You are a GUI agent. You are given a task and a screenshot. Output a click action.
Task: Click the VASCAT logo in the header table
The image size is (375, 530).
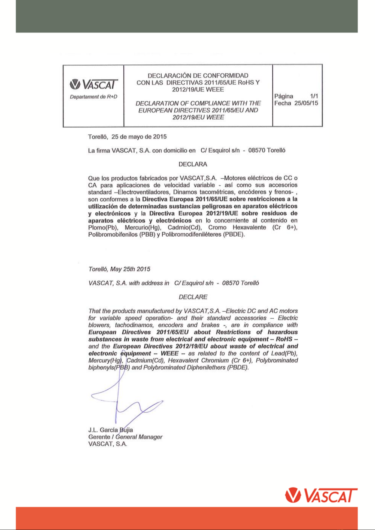click(x=93, y=84)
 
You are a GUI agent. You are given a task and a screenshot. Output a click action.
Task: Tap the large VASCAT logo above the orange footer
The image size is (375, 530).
click(x=321, y=495)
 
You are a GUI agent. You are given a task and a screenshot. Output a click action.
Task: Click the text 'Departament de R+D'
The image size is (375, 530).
click(x=93, y=97)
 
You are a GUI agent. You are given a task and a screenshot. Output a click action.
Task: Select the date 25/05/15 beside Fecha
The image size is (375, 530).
click(x=306, y=103)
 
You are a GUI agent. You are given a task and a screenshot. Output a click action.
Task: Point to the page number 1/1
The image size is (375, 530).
click(x=314, y=96)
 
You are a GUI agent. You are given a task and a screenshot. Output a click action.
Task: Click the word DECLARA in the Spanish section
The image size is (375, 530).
click(x=193, y=164)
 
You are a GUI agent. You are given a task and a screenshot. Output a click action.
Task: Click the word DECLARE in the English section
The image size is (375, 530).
click(x=193, y=297)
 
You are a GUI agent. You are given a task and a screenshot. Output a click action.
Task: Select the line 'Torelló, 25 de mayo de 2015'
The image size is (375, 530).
click(x=127, y=137)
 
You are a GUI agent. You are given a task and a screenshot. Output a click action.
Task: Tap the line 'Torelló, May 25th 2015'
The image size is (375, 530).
click(x=119, y=269)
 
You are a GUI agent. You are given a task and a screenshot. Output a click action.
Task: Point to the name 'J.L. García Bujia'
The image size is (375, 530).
click(x=110, y=430)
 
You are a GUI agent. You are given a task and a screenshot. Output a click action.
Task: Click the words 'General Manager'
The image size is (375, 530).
click(x=139, y=437)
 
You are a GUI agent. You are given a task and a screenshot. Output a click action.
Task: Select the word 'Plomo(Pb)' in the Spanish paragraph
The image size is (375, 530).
click(x=103, y=227)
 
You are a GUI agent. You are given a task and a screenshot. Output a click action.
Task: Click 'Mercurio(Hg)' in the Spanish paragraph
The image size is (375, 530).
click(x=143, y=227)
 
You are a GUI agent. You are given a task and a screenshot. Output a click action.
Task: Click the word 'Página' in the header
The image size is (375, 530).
click(x=283, y=96)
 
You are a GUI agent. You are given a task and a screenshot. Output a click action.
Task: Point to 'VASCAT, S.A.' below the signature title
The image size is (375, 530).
click(x=108, y=444)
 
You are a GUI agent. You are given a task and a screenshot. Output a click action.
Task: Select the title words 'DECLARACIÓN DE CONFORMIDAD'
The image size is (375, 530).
click(x=198, y=75)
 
